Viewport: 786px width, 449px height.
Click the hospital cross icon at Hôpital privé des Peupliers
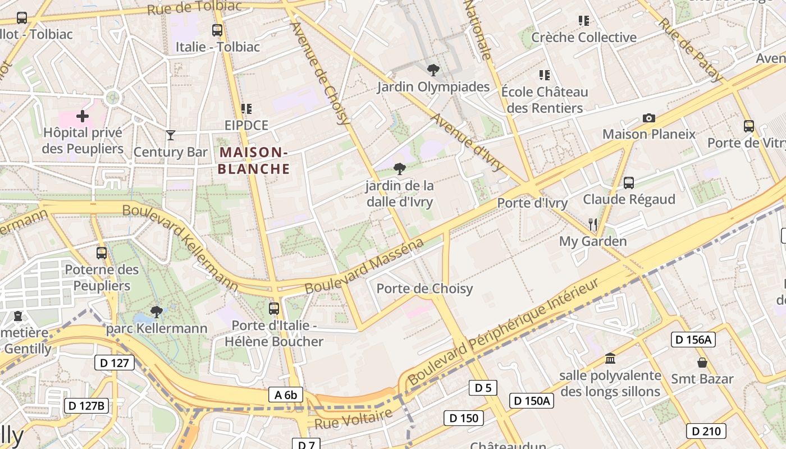point(83,116)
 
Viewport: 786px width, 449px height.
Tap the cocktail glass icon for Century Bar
point(171,135)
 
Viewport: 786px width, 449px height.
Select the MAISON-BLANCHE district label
point(254,161)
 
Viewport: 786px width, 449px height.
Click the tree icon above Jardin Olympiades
point(433,70)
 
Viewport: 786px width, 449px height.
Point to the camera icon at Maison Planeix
point(648,118)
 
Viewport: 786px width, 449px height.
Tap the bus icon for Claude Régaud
point(629,182)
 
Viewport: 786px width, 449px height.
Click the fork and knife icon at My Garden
point(593,224)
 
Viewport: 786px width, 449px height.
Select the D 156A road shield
point(693,339)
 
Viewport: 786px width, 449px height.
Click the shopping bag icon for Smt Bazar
point(702,363)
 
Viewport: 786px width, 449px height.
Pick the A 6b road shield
point(286,395)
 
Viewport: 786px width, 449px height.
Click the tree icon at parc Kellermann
point(157,311)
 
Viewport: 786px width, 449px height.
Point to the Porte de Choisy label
point(424,288)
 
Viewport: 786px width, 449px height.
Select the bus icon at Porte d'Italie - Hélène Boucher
point(274,308)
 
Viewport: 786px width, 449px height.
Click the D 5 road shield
point(483,387)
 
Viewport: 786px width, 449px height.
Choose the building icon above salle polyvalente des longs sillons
point(610,358)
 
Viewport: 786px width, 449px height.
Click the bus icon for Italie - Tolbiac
point(217,30)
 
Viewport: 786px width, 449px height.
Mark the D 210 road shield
point(706,431)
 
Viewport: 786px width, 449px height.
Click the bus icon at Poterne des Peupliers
point(102,253)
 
